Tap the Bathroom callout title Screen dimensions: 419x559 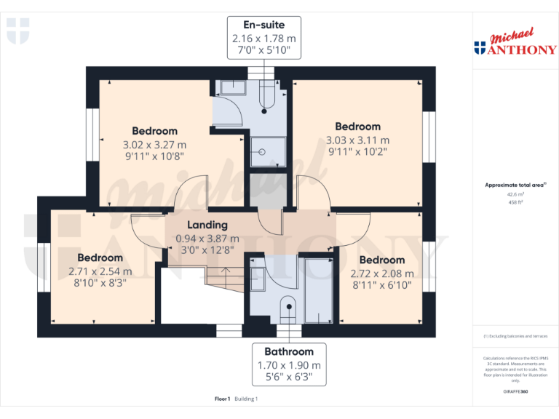tap(289, 351)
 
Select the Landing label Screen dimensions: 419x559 tap(207, 225)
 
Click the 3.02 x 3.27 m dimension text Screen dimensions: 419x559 tap(154, 144)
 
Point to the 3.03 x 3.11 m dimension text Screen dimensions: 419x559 tap(357, 140)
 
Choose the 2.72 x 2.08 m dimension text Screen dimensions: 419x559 tap(382, 274)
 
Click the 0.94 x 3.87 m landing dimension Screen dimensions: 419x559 tap(207, 238)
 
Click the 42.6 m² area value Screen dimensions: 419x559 tap(515, 194)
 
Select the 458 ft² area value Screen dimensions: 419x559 tap(515, 202)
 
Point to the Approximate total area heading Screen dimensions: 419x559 tap(514, 185)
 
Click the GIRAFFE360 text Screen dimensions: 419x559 tap(515, 392)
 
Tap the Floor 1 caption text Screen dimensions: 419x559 tap(222, 399)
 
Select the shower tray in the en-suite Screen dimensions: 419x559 tap(261, 152)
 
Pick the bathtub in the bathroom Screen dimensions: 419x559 tap(317, 289)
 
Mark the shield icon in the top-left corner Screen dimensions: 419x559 tap(17, 31)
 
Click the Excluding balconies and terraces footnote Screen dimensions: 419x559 tap(515, 336)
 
